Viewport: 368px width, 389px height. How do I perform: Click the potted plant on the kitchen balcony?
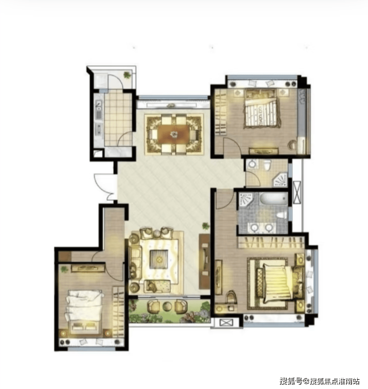click(x=127, y=74)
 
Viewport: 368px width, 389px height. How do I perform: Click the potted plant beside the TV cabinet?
click(x=205, y=226)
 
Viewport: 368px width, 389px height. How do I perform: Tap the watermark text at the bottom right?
click(x=320, y=381)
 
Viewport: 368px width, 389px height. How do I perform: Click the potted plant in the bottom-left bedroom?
click(x=64, y=269)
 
